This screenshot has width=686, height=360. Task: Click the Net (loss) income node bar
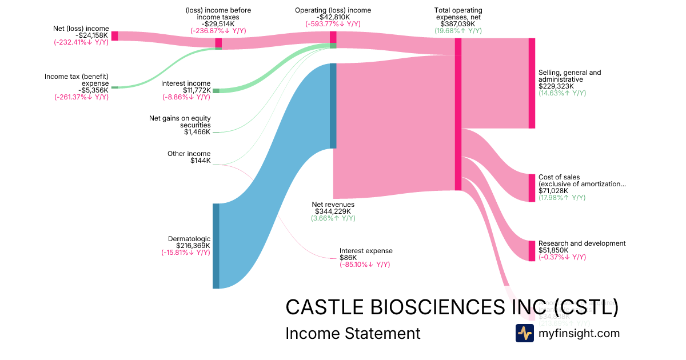tap(114, 36)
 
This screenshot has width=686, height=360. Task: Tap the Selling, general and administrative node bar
tap(532, 83)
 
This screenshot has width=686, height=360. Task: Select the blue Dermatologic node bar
tap(216, 246)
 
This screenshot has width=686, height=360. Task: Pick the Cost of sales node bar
tap(532, 188)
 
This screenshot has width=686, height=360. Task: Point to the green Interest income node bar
tap(216, 90)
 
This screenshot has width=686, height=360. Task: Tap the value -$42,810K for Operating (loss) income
tap(333, 17)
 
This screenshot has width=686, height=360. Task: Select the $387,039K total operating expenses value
tap(458, 24)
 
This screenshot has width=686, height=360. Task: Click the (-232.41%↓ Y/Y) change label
tap(81, 42)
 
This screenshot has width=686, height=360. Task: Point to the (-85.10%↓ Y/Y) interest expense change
tap(365, 265)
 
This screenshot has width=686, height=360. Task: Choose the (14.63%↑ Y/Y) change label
tap(562, 93)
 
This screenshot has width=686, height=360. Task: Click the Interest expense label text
tap(366, 251)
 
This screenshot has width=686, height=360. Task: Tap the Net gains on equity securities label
tap(180, 122)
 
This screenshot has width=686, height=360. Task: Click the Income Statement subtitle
tap(352, 333)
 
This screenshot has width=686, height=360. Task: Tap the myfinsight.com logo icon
tap(524, 333)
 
